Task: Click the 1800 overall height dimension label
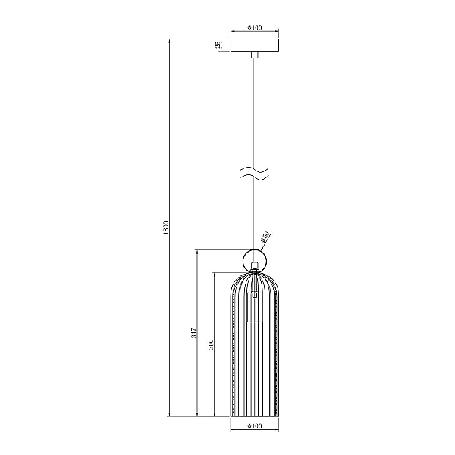165,227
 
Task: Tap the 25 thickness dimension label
218,45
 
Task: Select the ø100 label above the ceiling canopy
255,27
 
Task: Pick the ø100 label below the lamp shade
255,425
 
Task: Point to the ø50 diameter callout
265,237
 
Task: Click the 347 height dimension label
194,333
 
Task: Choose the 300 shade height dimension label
211,344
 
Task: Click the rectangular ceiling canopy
255,45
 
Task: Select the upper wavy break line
255,169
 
